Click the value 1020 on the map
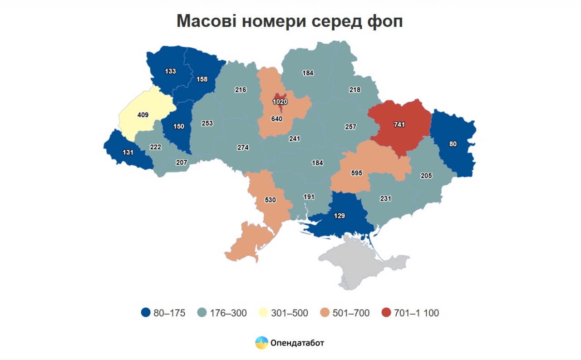tap(280, 102)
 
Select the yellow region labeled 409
tap(143, 115)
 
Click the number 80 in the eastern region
tap(453, 144)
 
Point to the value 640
tap(276, 119)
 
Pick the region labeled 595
tap(357, 173)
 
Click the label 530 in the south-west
tap(270, 200)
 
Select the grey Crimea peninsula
tap(359, 263)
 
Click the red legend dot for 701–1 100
tap(386, 313)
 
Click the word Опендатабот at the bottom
tap(297, 343)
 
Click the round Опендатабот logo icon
tap(261, 343)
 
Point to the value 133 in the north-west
tap(170, 71)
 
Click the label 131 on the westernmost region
tap(128, 153)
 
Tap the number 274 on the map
tap(243, 148)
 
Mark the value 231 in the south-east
tap(385, 198)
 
